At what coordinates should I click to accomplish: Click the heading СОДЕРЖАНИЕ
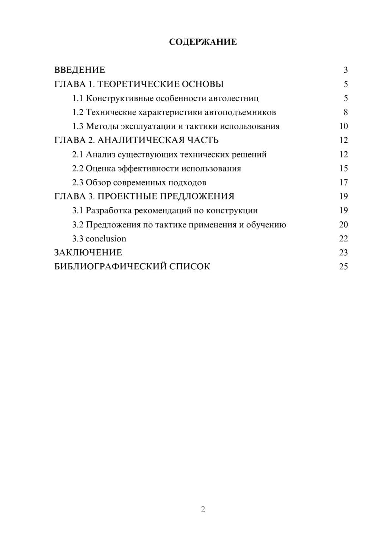click(x=203, y=42)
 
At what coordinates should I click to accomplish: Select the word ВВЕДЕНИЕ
click(x=80, y=70)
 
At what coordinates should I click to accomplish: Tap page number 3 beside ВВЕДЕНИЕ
click(x=345, y=70)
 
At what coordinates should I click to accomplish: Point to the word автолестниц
click(x=233, y=98)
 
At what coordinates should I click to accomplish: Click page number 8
click(x=345, y=112)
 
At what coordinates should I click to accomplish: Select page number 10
click(x=343, y=126)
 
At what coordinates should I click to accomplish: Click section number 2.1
click(x=78, y=155)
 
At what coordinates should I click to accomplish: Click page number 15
click(x=343, y=169)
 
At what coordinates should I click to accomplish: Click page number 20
click(x=343, y=225)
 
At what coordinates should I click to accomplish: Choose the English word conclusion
click(x=106, y=239)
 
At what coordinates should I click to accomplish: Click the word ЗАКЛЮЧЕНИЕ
click(x=88, y=253)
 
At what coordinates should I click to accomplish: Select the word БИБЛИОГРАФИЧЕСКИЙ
click(x=110, y=267)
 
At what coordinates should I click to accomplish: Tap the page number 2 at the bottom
click(x=203, y=509)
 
